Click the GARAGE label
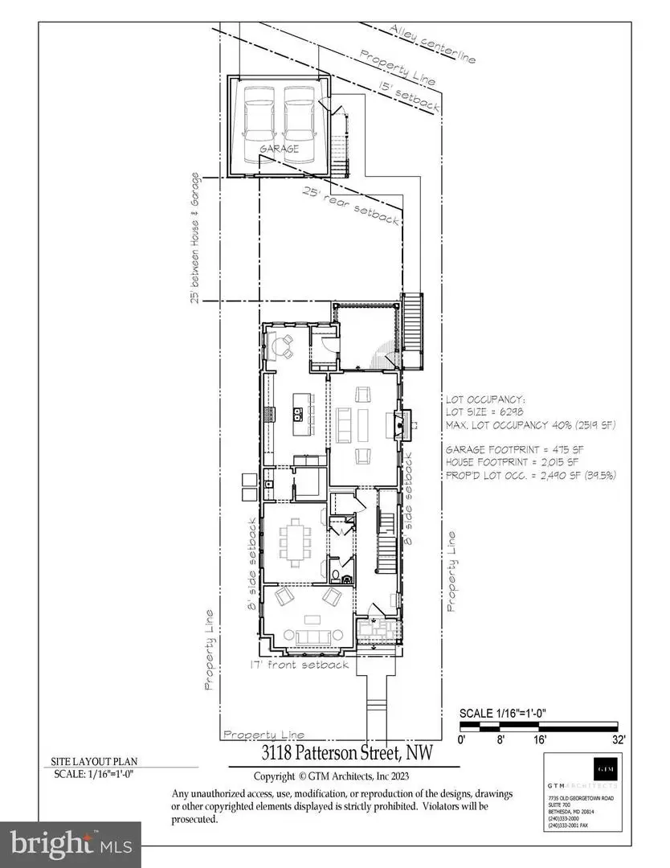(x=280, y=149)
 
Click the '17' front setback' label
(x=299, y=665)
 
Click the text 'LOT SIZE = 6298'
(x=479, y=411)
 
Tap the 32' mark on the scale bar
(x=618, y=739)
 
